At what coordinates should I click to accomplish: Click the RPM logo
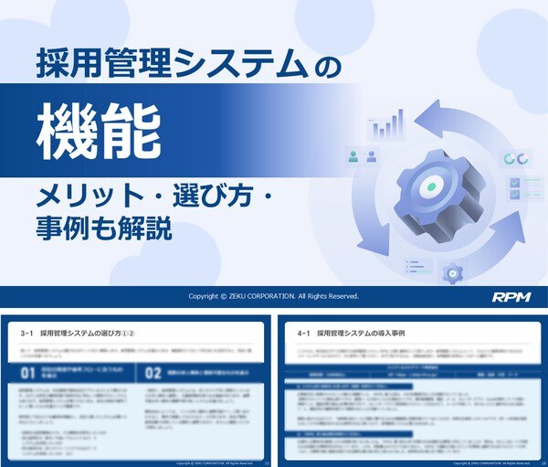pos(511,297)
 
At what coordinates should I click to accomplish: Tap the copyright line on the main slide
pos(274,297)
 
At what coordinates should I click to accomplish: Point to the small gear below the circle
pos(451,272)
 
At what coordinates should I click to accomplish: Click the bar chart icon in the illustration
pos(385,125)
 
